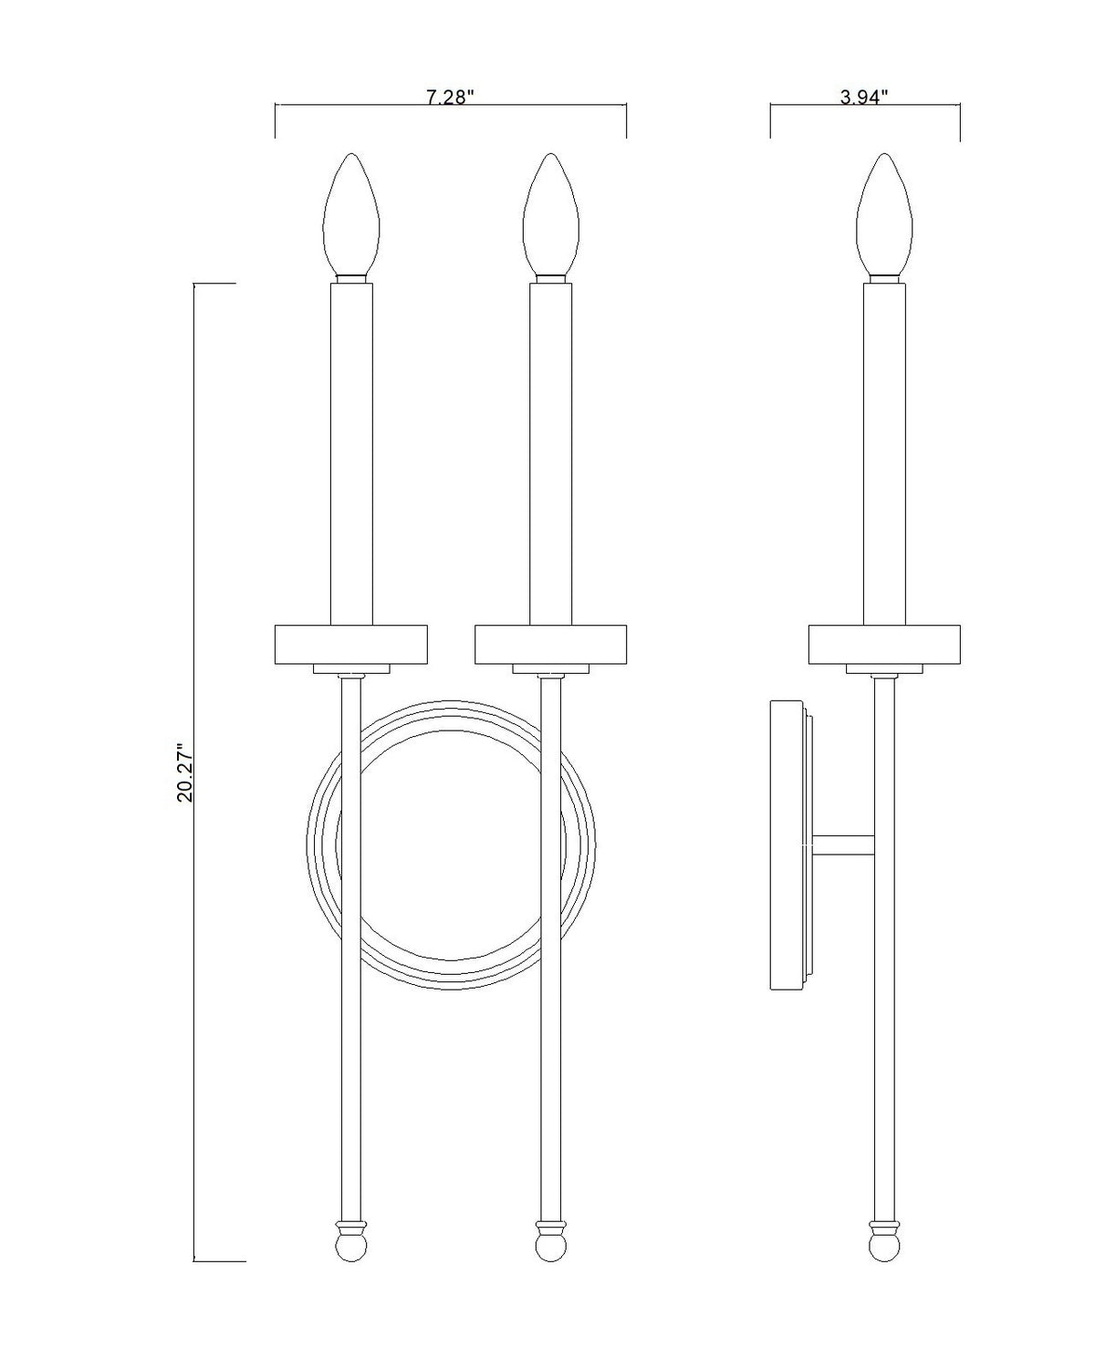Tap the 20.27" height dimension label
(186, 772)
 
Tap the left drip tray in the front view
(350, 644)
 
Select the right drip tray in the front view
(550, 644)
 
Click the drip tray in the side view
(884, 644)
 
